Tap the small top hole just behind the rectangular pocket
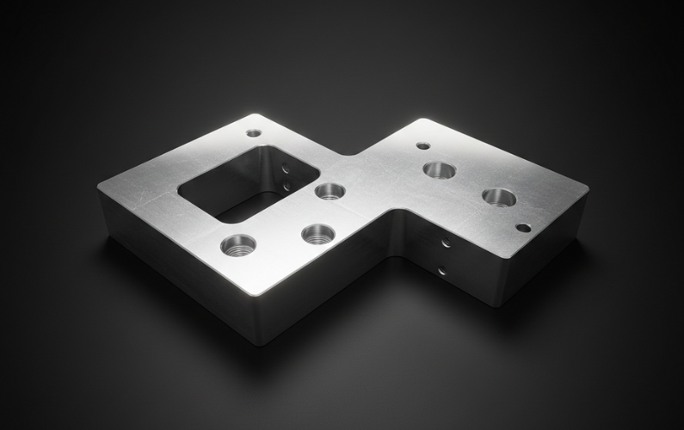253,133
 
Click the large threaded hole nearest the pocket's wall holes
329,191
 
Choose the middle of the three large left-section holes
317,232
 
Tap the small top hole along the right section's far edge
422,146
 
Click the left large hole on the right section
440,169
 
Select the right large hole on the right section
499,197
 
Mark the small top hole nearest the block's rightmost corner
523,228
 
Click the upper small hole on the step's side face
446,243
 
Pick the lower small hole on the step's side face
441,271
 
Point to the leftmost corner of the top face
99,186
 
